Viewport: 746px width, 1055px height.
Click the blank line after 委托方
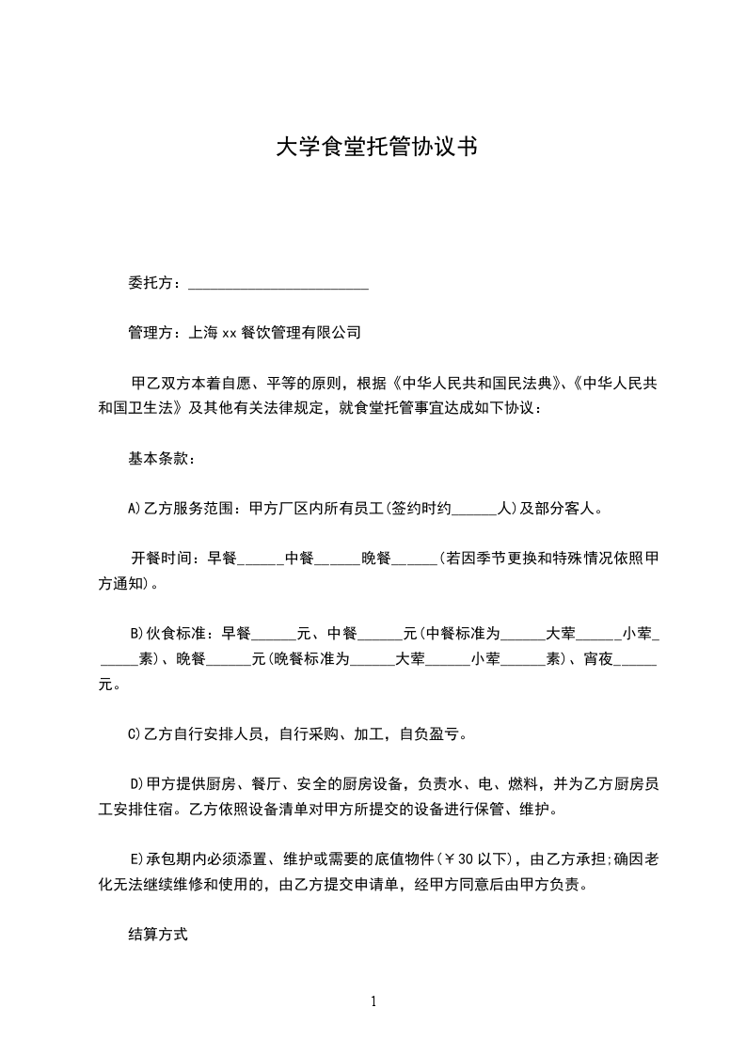[x=278, y=282]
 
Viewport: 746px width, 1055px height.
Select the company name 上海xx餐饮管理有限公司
[x=275, y=332]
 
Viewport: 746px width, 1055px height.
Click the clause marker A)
[x=134, y=510]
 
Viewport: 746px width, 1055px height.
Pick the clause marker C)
[x=134, y=733]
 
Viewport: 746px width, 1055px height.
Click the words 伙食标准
[x=175, y=632]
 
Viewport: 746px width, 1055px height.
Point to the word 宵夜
[x=598, y=659]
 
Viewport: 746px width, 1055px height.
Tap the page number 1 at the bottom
[x=373, y=1001]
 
